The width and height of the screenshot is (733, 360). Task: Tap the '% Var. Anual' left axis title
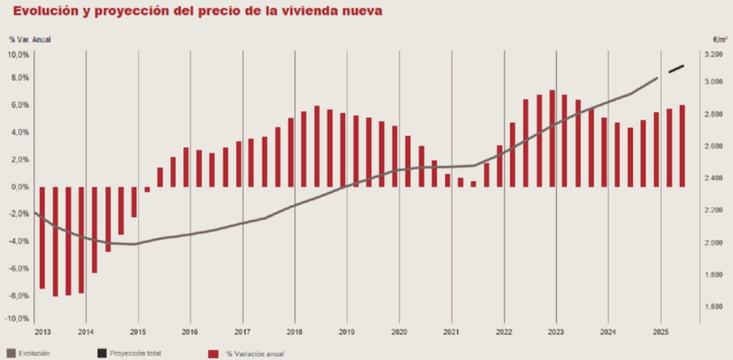tap(30, 40)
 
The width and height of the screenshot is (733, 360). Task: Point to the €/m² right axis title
tap(719, 40)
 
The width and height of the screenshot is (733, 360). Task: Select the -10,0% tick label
tap(17, 318)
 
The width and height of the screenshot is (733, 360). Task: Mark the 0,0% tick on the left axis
tap(19, 186)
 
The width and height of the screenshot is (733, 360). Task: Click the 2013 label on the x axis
tap(42, 333)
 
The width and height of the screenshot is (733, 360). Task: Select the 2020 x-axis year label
tap(399, 333)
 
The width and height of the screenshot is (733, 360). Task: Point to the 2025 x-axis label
tap(661, 333)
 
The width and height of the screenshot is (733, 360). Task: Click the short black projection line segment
tap(676, 69)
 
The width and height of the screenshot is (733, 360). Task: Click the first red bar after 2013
tap(42, 238)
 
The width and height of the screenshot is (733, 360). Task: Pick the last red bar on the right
tap(682, 146)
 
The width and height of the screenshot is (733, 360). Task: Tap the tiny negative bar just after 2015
tap(147, 189)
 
